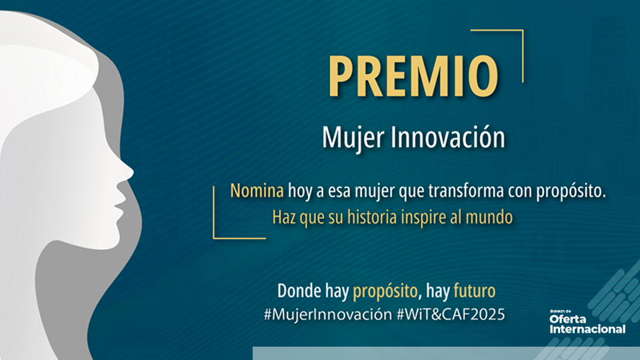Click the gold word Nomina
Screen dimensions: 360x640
click(257, 191)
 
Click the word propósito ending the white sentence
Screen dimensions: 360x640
click(573, 191)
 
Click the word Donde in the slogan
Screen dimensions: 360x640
click(299, 291)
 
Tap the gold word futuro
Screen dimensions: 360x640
click(475, 291)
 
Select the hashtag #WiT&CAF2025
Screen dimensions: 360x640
click(451, 313)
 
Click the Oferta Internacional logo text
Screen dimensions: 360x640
click(587, 324)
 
